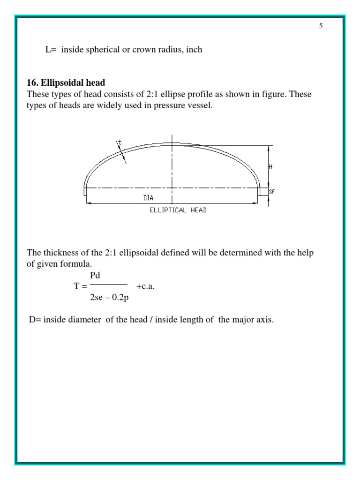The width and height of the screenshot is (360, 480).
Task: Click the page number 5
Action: click(321, 26)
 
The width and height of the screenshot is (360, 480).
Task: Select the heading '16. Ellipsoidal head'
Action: click(66, 83)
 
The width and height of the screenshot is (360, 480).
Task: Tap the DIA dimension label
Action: click(148, 198)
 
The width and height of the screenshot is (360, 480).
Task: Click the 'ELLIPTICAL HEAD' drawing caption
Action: click(178, 210)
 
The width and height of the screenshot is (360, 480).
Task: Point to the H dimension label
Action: click(270, 167)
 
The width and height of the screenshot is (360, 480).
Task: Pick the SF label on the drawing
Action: click(271, 191)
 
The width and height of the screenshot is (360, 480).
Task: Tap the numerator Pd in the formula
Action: click(95, 276)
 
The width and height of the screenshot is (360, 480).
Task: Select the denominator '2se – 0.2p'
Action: click(108, 296)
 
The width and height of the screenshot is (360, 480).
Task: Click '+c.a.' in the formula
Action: click(145, 286)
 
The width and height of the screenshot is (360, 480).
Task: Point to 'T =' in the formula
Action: click(81, 286)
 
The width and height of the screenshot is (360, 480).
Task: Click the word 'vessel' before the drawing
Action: click(201, 106)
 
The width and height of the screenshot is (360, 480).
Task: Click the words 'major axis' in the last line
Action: click(256, 320)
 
